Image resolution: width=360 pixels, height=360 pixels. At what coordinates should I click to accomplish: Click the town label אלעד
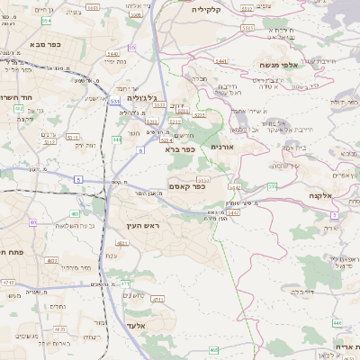coord(135,324)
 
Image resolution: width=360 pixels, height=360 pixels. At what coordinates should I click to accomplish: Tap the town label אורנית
coord(221,146)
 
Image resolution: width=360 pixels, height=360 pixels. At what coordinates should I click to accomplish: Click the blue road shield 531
coord(115,103)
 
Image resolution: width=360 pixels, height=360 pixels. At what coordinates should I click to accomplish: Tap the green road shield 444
coord(117,140)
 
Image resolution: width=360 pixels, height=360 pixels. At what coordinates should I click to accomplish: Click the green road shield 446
coord(337,321)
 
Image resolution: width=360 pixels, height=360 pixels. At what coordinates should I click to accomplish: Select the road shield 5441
coord(220,61)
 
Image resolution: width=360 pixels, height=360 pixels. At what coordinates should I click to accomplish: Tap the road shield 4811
coord(121,243)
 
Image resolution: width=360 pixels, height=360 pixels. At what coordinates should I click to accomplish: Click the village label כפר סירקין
coord(82,267)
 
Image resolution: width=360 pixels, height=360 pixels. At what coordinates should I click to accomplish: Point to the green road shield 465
coord(214,349)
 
